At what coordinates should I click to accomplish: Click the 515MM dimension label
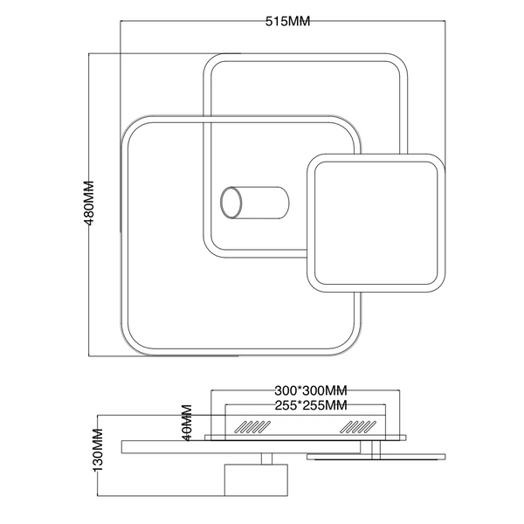(287, 21)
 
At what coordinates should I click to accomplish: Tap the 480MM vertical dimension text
(89, 203)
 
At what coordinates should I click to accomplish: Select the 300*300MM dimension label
(311, 390)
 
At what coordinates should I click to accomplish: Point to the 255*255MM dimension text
(311, 405)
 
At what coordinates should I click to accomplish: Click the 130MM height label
(98, 450)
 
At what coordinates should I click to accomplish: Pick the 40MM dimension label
(187, 423)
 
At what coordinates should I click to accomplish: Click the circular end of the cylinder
(231, 203)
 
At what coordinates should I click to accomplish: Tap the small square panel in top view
(376, 223)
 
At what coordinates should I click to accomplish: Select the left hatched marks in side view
(252, 427)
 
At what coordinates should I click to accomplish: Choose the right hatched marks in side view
(358, 427)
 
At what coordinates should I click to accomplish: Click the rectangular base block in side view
(256, 479)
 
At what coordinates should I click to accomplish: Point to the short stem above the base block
(266, 458)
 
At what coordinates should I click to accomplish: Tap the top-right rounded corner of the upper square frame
(400, 61)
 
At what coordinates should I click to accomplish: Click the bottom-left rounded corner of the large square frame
(128, 348)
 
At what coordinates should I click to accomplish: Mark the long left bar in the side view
(241, 447)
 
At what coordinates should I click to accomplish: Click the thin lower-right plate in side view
(376, 457)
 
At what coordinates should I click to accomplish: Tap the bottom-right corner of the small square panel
(438, 285)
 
